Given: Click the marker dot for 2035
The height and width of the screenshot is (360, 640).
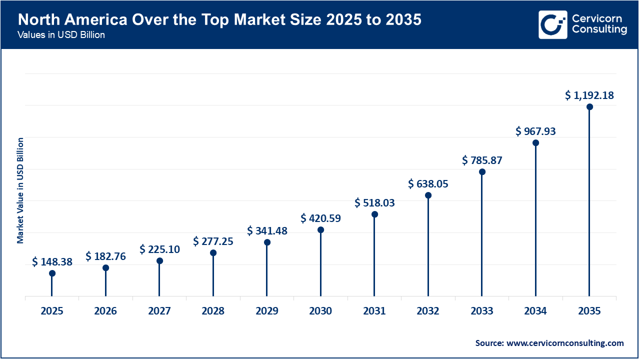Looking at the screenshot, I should (x=589, y=106).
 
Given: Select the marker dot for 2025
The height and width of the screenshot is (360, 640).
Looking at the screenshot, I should (x=52, y=273).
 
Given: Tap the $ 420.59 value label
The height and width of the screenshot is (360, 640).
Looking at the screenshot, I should (x=320, y=218).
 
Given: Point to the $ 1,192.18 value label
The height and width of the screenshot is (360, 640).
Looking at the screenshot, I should (x=589, y=95).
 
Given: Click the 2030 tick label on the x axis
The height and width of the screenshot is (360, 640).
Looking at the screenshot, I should (x=320, y=311).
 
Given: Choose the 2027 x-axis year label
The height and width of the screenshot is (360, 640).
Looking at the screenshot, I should (x=159, y=311).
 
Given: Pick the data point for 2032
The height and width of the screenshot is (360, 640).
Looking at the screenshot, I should (x=428, y=195).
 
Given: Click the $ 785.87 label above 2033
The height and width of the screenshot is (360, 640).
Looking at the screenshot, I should (x=482, y=160).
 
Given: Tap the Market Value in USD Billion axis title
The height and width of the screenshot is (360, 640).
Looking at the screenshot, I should (x=20, y=190).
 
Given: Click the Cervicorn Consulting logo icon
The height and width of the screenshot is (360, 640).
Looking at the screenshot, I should (x=552, y=24).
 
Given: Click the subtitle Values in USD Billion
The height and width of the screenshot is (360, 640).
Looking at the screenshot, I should (x=61, y=35).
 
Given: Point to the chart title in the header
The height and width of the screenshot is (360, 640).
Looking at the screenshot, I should (x=219, y=20).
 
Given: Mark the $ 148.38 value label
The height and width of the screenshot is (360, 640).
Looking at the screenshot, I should (x=52, y=261).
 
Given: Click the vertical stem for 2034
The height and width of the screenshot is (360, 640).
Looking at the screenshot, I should (x=535, y=220).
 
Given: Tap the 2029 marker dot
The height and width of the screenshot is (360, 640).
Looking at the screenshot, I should (x=267, y=242).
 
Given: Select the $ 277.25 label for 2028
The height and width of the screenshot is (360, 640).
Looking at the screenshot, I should (x=213, y=241).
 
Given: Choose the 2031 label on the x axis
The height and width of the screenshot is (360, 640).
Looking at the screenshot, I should (x=374, y=311).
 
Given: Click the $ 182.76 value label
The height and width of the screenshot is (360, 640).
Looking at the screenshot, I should (x=105, y=256).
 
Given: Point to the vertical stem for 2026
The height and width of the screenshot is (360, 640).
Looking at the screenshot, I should (x=105, y=282).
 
